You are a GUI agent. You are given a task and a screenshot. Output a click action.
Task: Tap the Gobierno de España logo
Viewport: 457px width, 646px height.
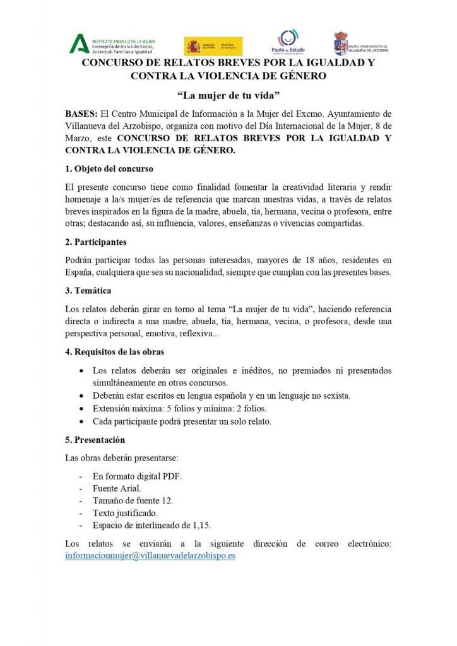[213, 46]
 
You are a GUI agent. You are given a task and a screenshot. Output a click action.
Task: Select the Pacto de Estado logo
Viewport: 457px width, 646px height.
[292, 43]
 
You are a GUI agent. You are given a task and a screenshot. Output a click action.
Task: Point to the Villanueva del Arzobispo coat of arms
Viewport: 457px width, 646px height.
[341, 43]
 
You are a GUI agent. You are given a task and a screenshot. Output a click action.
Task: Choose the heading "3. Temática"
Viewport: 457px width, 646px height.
[88, 291]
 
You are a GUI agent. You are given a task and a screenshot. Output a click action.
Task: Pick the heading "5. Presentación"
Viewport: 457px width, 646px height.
[95, 439]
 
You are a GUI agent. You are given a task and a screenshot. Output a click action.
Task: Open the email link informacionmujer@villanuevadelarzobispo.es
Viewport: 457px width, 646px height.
[150, 556]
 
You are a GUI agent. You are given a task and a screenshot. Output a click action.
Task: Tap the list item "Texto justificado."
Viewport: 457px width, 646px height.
[125, 513]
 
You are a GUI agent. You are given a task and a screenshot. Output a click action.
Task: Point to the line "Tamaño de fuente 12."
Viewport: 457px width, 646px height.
[133, 500]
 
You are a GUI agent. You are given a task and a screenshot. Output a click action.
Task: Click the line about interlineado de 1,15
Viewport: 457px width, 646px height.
[151, 525]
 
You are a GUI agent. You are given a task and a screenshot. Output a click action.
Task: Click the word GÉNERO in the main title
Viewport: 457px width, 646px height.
[299, 76]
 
